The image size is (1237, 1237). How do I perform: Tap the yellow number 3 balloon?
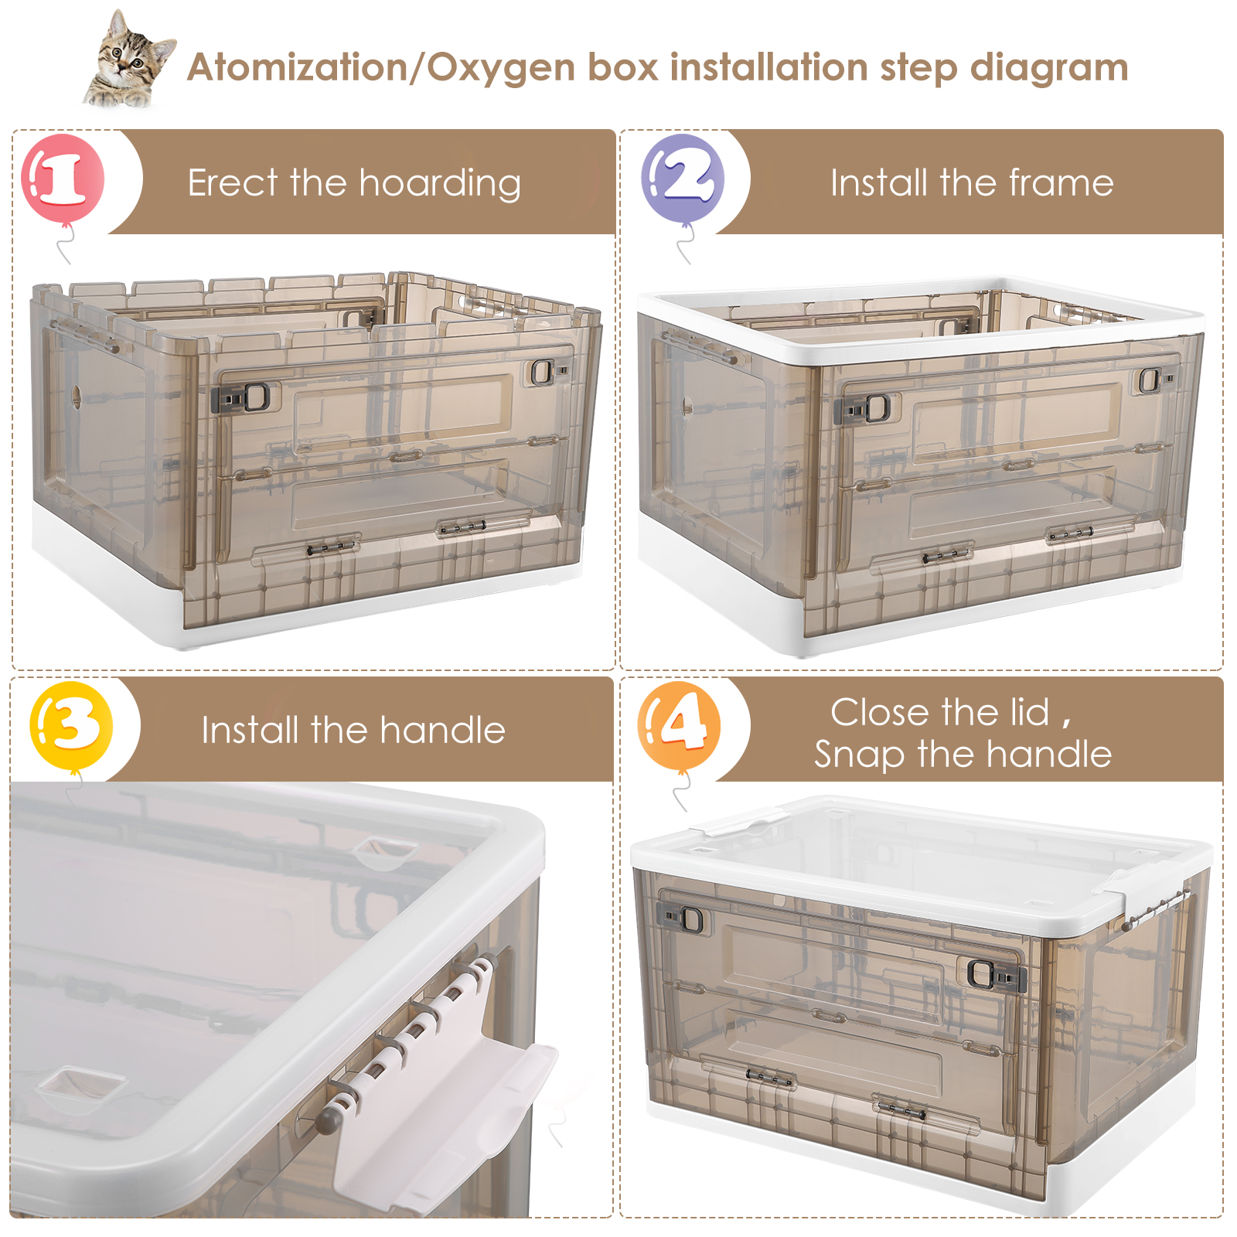click(x=71, y=726)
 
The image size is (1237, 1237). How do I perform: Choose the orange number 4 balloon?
click(x=680, y=726)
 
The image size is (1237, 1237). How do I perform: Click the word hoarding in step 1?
click(x=439, y=185)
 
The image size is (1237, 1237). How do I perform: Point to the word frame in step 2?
click(x=1062, y=183)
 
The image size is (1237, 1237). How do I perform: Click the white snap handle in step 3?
click(x=445, y=1082)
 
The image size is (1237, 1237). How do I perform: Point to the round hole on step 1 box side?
click(x=76, y=396)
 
